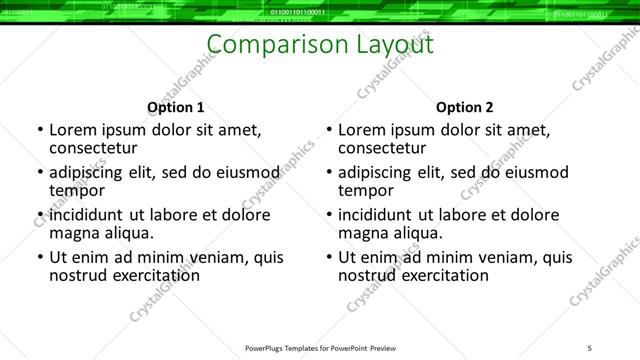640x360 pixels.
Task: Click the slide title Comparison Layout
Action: click(320, 45)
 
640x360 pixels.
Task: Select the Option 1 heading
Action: click(175, 107)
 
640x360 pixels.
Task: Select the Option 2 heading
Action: click(464, 107)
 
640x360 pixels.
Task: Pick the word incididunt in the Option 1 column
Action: click(86, 214)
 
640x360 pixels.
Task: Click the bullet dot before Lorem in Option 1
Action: click(39, 131)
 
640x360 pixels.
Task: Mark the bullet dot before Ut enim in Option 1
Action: click(39, 258)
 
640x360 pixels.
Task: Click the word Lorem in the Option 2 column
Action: click(361, 130)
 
